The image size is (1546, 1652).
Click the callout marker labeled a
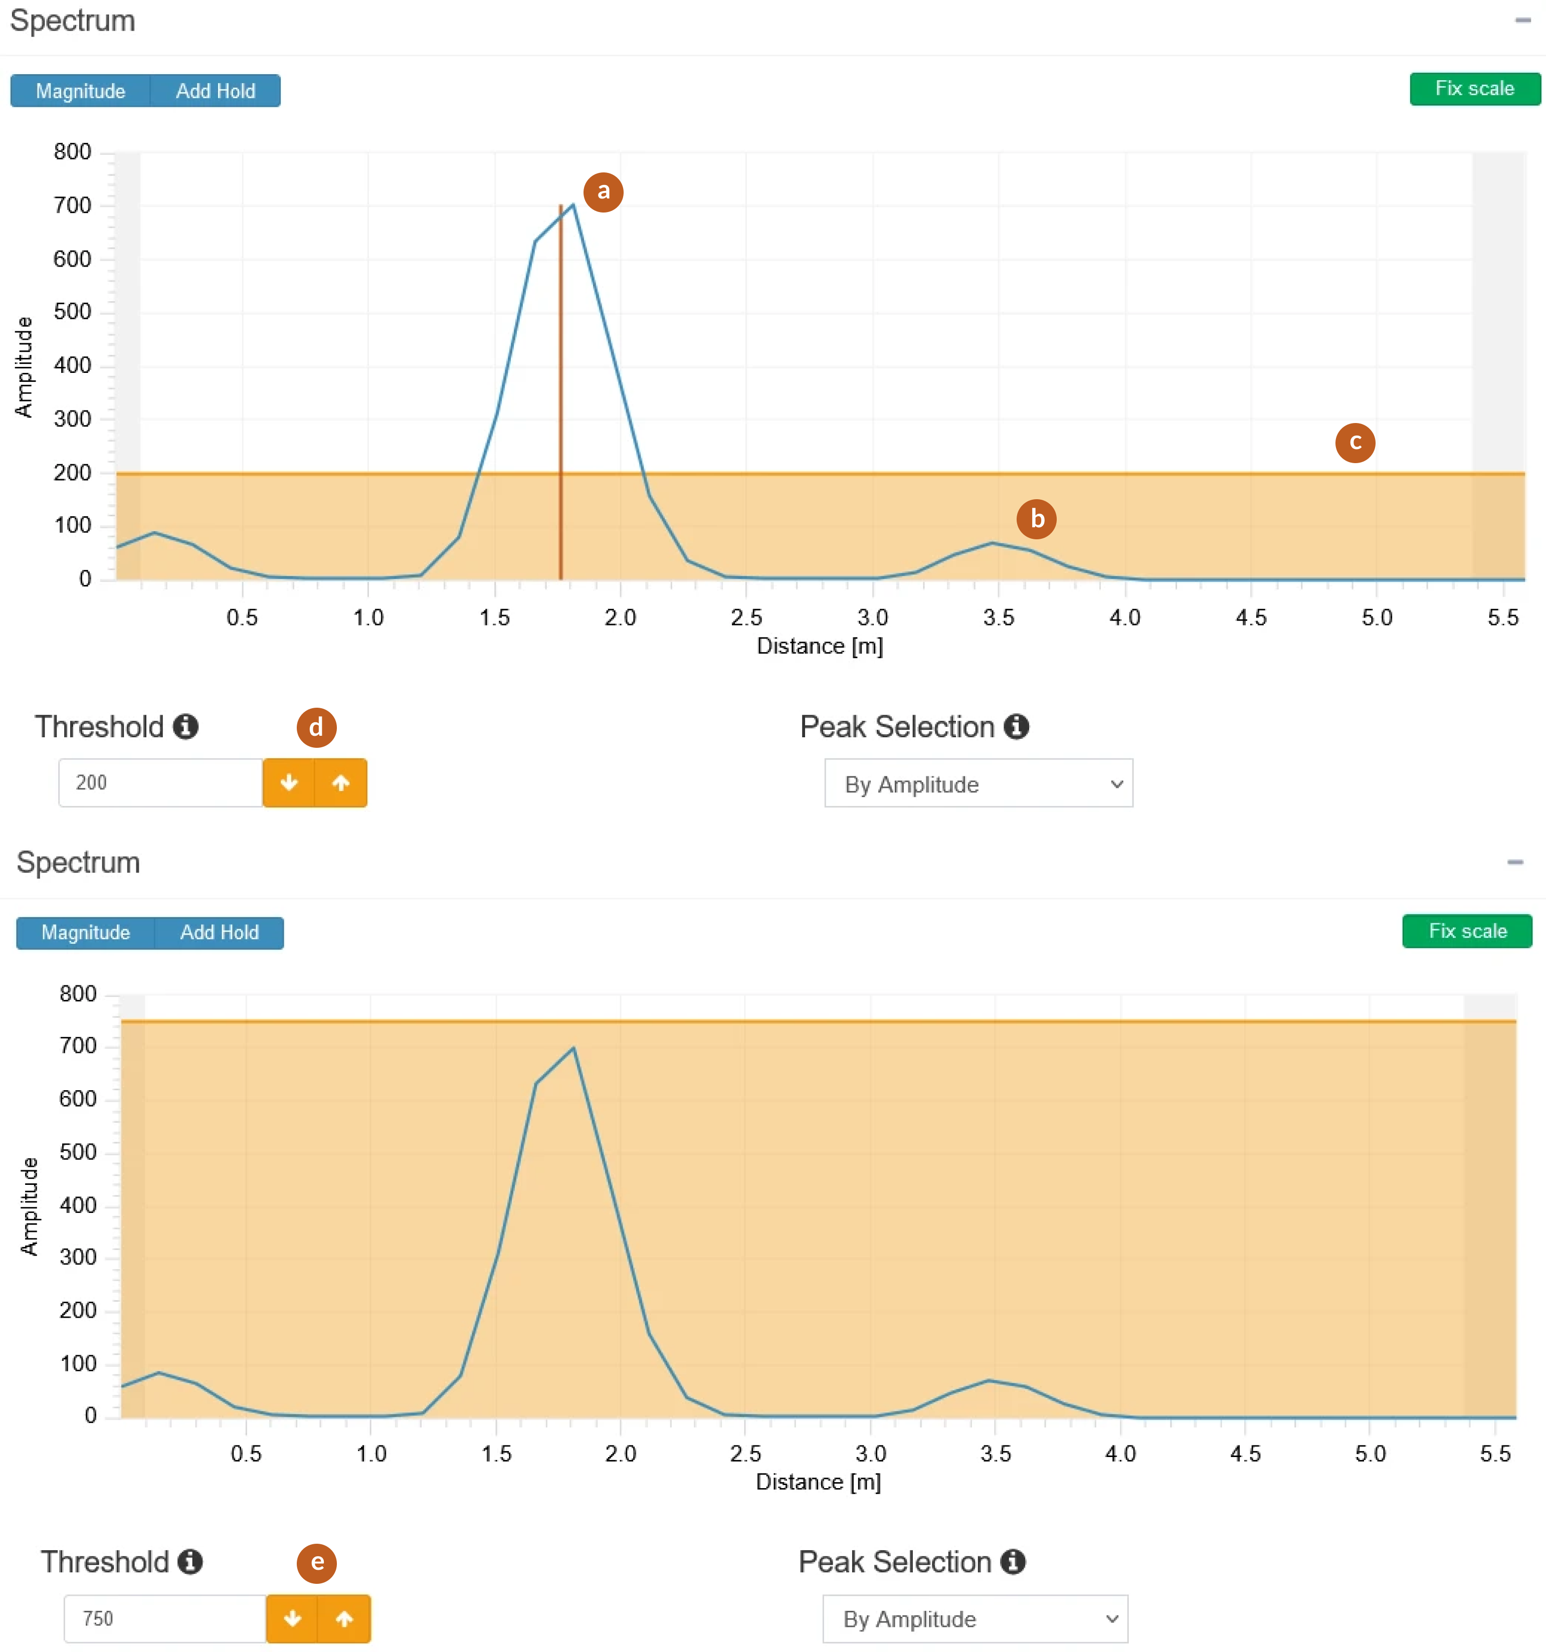(x=604, y=192)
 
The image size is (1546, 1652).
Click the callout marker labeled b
(x=1037, y=519)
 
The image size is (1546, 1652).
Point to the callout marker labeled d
(x=316, y=728)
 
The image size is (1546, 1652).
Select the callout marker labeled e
(x=317, y=1563)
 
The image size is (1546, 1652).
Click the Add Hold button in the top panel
(x=215, y=91)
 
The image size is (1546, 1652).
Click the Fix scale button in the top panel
(x=1474, y=89)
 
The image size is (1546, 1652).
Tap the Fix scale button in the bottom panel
(x=1467, y=932)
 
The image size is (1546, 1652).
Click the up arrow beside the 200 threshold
(x=341, y=783)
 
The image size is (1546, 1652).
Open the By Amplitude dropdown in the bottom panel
(x=975, y=1619)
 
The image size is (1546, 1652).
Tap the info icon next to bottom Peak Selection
(x=1013, y=1562)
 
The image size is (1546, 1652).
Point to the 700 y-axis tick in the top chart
(x=73, y=205)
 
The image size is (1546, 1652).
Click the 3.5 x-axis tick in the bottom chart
(x=996, y=1454)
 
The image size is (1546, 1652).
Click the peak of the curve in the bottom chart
(x=573, y=1048)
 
